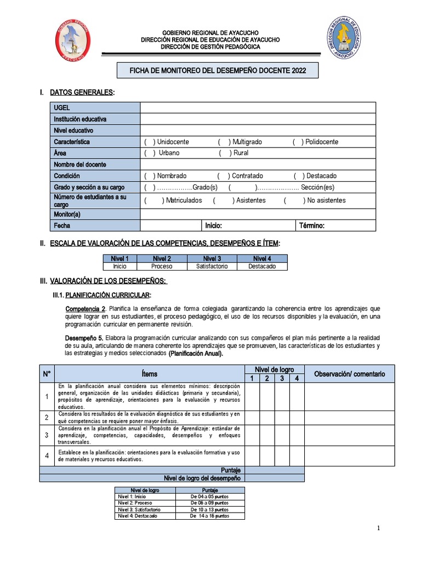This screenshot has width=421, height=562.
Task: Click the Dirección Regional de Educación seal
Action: click(x=344, y=38)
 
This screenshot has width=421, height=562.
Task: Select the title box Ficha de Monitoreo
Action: click(x=218, y=71)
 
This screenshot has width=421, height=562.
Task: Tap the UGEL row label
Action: click(x=62, y=108)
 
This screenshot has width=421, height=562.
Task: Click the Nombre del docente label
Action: click(x=80, y=165)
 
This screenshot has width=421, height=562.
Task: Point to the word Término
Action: click(x=312, y=226)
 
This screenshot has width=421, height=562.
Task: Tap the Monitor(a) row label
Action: click(x=67, y=214)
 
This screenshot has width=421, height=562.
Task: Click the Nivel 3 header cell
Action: click(x=212, y=258)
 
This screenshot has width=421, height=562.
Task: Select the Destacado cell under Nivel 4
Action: click(x=262, y=266)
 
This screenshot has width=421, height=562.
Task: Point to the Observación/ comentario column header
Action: click(x=349, y=374)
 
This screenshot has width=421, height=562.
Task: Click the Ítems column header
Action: click(x=149, y=374)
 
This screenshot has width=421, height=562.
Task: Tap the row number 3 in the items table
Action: click(x=47, y=435)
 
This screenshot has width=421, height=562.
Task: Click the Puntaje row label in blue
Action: click(x=230, y=470)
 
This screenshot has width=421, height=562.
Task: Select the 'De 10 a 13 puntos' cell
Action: click(x=209, y=509)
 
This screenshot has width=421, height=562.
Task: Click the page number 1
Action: click(x=378, y=528)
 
